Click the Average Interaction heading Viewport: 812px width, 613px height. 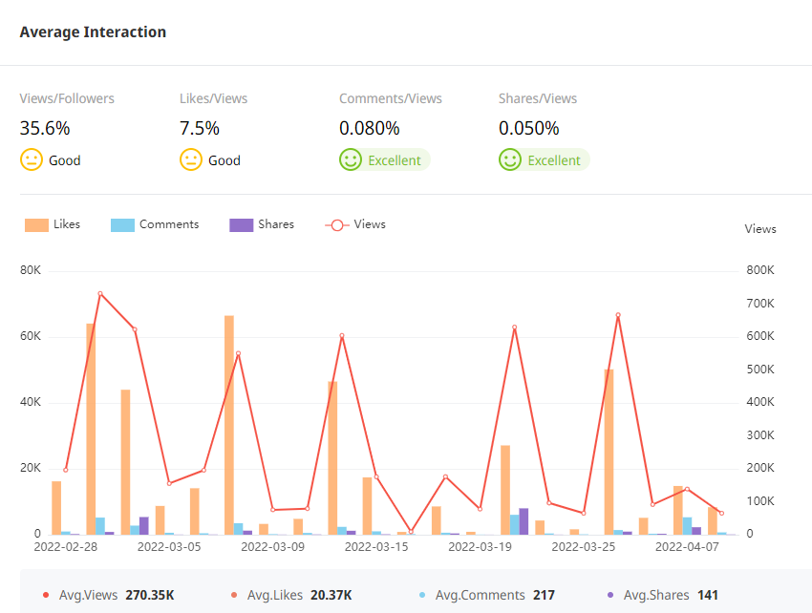pos(93,32)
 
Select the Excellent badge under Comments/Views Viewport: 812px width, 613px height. pos(394,160)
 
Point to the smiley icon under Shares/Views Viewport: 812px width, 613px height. pos(510,160)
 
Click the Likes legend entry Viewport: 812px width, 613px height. pos(53,224)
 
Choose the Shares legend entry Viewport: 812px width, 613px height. pos(263,224)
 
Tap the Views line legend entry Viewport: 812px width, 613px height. pos(356,224)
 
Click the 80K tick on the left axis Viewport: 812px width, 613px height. pos(31,271)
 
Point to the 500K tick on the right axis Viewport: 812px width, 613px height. pos(759,370)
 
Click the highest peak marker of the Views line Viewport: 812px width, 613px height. pos(100,294)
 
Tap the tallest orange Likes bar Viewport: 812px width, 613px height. pos(229,425)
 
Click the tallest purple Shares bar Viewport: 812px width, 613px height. pos(524,521)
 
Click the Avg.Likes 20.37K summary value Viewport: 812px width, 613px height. pos(331,595)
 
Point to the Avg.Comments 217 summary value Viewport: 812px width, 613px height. pos(544,595)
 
